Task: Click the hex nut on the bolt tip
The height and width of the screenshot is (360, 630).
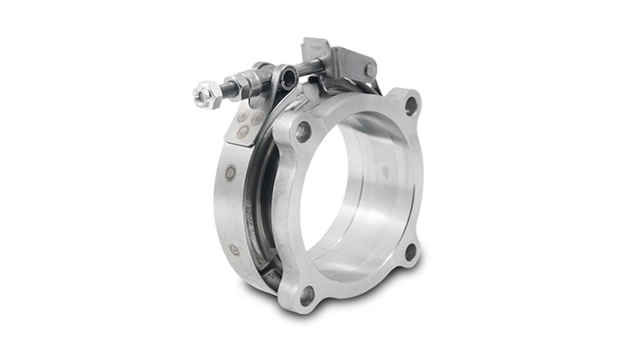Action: [205, 96]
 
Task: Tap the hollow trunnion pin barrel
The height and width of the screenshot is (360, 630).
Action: [287, 78]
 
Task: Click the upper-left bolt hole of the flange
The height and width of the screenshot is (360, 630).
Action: [303, 131]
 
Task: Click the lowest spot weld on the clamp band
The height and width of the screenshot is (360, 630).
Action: [234, 250]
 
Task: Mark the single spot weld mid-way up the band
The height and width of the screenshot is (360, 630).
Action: [230, 173]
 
